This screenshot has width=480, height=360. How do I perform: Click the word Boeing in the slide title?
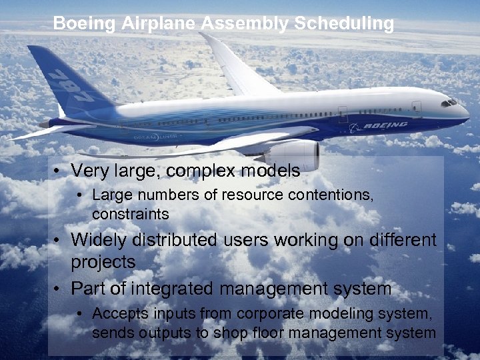85,24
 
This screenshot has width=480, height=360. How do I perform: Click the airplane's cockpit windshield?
451,103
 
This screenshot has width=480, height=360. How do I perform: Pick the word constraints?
131,214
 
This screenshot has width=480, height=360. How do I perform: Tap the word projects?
103,263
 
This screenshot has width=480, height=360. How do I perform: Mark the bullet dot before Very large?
59,171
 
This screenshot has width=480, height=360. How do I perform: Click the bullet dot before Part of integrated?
59,289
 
